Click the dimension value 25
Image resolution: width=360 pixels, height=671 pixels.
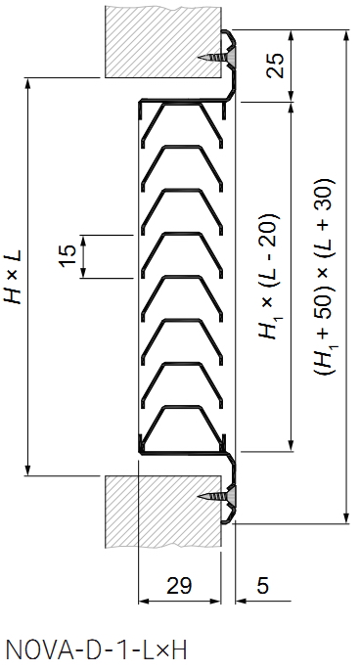tap(275, 66)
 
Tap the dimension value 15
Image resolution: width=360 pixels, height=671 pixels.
tap(67, 256)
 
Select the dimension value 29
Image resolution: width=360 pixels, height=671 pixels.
tap(179, 585)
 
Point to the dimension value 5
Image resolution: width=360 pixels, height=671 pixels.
tap(262, 585)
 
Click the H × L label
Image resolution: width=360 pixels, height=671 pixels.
tap(13, 277)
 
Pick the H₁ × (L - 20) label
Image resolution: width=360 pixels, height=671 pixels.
tap(269, 276)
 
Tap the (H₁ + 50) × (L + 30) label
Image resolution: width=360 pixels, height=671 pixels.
tap(326, 277)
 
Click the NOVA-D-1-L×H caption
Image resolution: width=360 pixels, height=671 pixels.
tap(97, 650)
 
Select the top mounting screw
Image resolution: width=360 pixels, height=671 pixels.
tap(216, 58)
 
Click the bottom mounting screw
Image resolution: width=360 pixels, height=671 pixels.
tap(216, 496)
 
